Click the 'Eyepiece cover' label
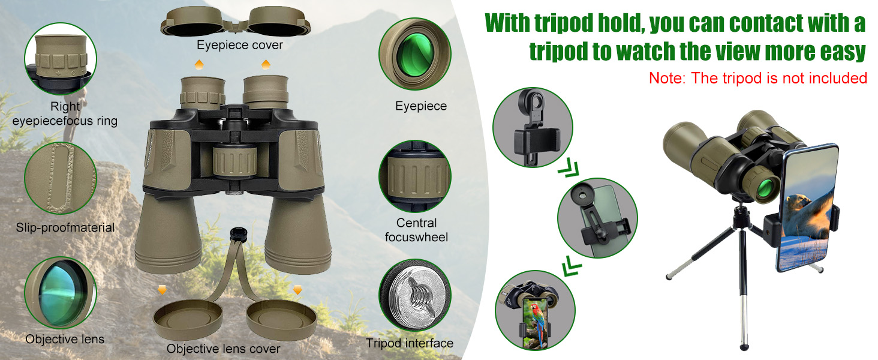click(x=239, y=45)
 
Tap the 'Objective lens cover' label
click(x=223, y=348)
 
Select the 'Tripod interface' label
click(x=410, y=343)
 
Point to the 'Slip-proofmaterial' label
click(x=65, y=227)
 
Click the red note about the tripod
click(x=757, y=78)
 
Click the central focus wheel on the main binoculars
click(x=234, y=161)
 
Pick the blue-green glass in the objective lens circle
click(x=63, y=293)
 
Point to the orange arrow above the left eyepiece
click(x=199, y=65)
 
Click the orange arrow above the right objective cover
click(x=297, y=289)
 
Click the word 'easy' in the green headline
click(x=843, y=52)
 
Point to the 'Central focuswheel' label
click(x=416, y=230)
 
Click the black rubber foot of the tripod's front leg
click(x=744, y=347)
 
